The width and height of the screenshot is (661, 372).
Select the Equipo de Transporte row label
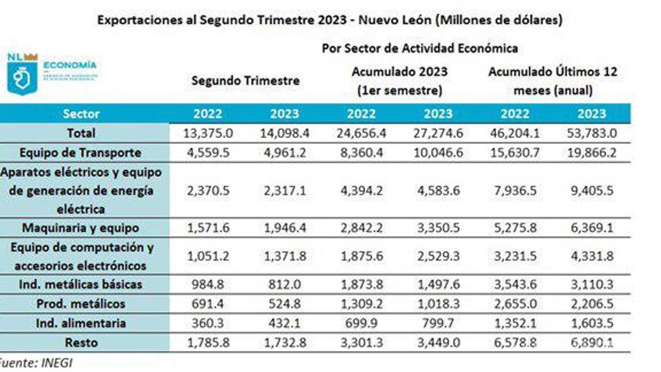[80, 153]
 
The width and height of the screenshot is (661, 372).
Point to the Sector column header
[81, 113]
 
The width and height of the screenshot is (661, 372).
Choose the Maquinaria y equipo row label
[80, 228]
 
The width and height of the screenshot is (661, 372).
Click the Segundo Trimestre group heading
[245, 80]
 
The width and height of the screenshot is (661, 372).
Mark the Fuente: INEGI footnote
[36, 363]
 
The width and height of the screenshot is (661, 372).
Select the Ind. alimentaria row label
[80, 323]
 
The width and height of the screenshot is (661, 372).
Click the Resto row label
[81, 343]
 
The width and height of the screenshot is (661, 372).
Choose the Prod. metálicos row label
[80, 304]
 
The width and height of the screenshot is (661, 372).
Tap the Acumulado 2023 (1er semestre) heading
[399, 81]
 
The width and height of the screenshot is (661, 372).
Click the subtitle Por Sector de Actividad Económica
[419, 48]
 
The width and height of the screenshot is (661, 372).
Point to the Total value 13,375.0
[208, 133]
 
